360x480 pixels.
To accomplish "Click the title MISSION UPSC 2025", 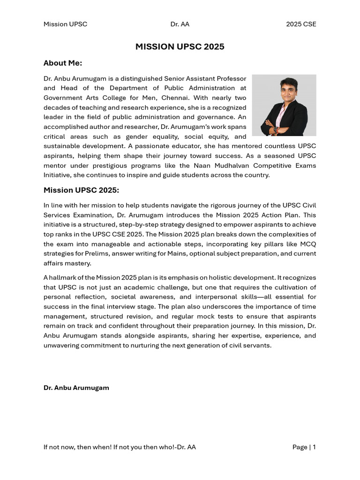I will click(180, 46).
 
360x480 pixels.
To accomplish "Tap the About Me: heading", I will click(63, 63).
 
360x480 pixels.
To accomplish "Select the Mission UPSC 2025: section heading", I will click(82, 190).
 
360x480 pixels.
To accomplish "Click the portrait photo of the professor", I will click(284, 105).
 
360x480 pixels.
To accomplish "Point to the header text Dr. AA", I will click(180, 24).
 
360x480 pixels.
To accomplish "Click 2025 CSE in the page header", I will click(301, 24).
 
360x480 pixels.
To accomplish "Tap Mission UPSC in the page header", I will click(65, 24).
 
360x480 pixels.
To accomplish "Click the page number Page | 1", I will click(304, 447).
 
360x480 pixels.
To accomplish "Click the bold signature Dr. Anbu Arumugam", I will click(76, 388).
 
